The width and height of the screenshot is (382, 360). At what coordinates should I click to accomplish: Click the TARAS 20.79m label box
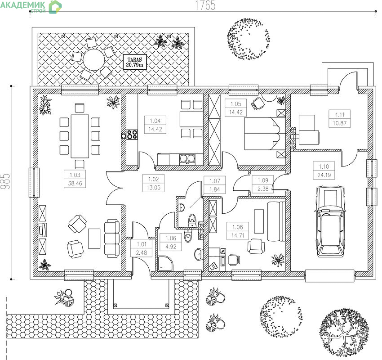(135, 62)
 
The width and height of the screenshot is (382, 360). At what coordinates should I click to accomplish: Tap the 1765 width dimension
(205, 5)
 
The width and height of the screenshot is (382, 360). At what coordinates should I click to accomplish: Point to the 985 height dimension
(5, 181)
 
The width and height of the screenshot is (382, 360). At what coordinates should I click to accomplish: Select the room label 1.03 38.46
(75, 179)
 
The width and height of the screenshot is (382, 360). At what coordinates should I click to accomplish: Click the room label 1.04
(155, 121)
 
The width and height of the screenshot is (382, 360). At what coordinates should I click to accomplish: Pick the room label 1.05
(236, 103)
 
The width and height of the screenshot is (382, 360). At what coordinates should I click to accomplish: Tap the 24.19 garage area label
(324, 175)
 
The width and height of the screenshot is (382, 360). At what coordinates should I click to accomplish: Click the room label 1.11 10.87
(340, 119)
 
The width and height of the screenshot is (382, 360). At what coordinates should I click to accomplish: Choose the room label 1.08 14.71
(238, 231)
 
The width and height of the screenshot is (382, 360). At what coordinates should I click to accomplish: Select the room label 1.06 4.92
(170, 242)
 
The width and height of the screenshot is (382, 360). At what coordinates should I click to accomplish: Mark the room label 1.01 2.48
(142, 248)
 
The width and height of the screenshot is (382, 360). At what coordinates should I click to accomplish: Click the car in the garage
(330, 221)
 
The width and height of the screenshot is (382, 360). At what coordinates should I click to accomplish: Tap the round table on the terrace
(93, 60)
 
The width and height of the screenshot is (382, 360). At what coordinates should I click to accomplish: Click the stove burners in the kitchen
(132, 135)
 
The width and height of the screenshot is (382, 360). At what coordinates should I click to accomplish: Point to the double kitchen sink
(187, 159)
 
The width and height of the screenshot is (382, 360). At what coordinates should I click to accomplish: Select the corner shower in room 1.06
(165, 263)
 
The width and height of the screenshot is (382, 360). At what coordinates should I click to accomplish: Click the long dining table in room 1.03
(80, 136)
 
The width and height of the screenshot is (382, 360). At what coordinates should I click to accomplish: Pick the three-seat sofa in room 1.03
(112, 238)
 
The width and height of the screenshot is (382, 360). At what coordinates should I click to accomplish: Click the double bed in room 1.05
(265, 133)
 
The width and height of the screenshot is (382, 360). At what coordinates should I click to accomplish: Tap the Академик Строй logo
(31, 7)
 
